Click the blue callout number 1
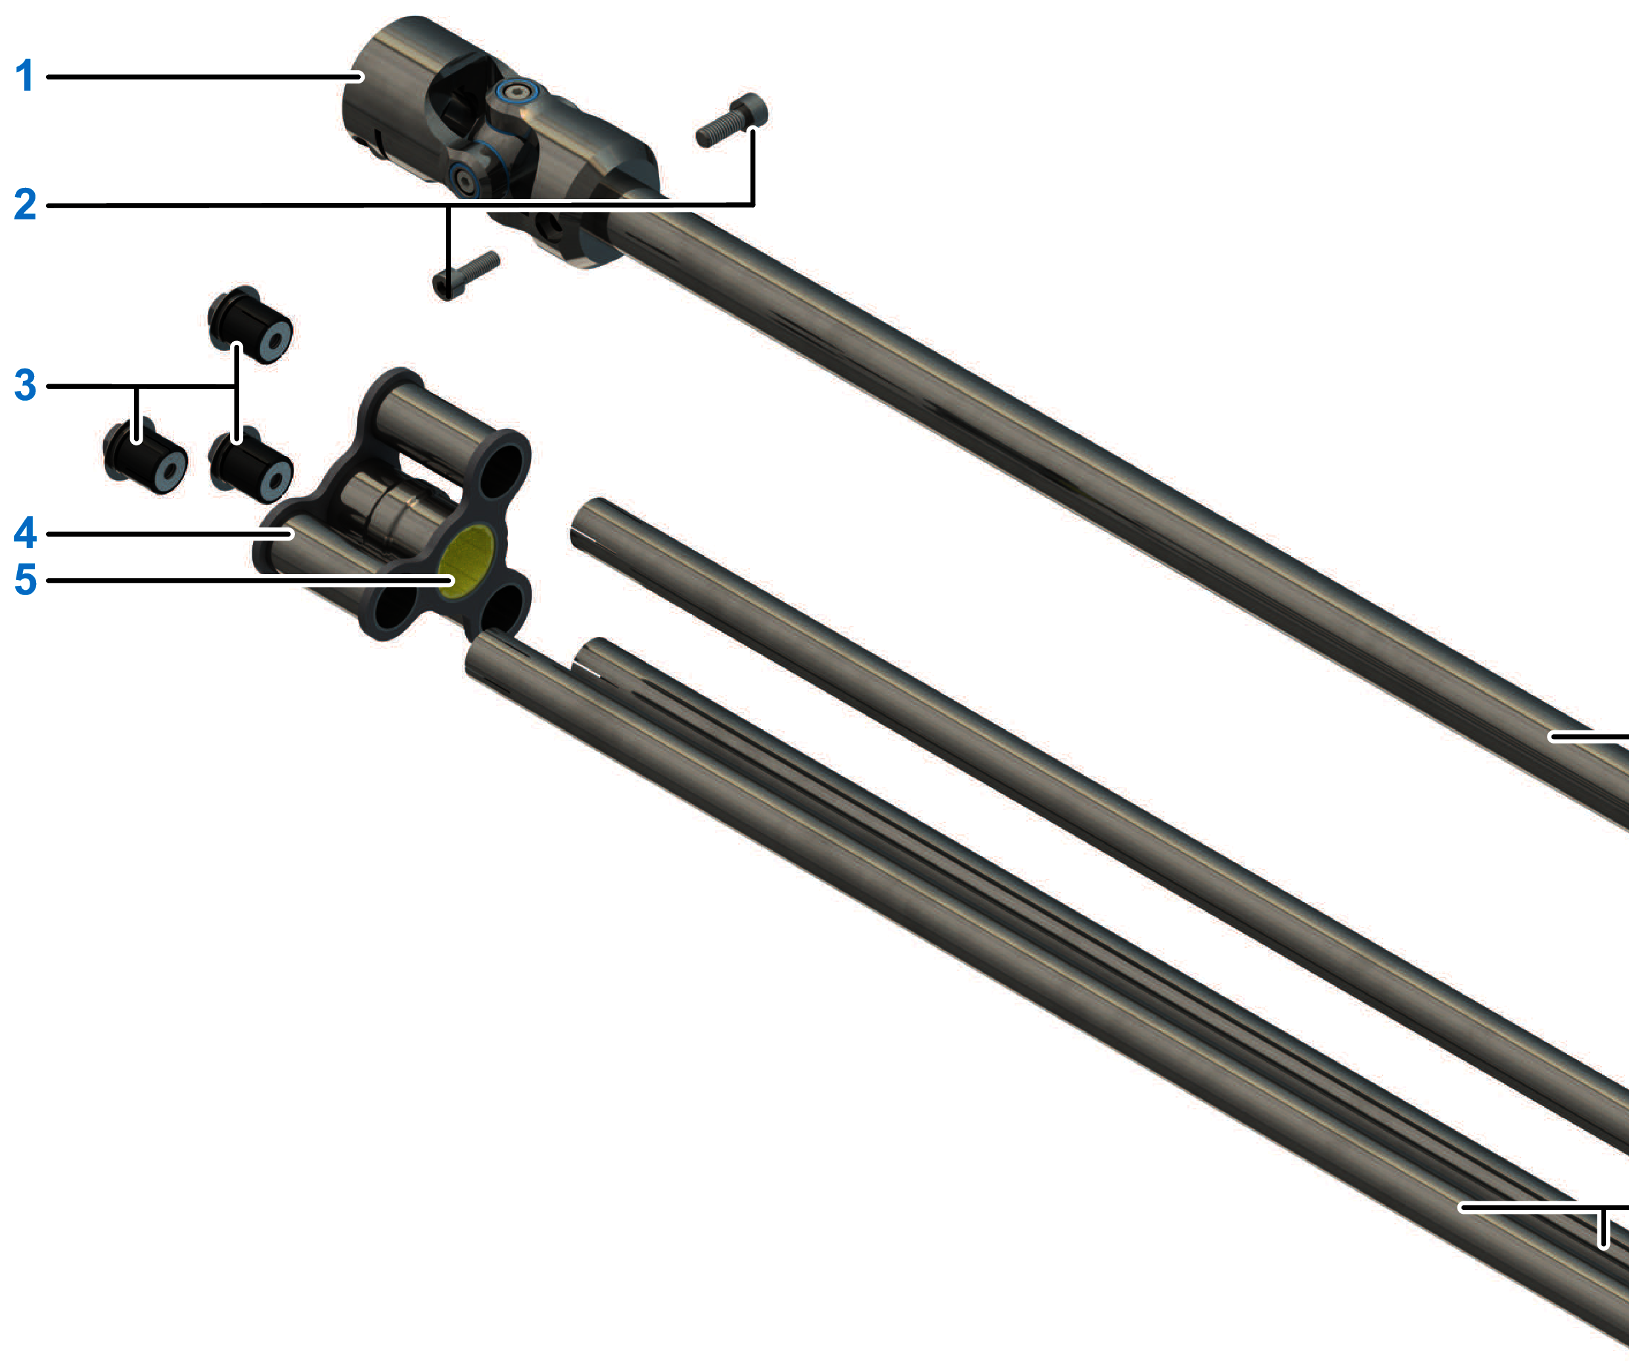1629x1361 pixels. (25, 76)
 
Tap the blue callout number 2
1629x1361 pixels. (25, 204)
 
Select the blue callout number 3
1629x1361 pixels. (25, 385)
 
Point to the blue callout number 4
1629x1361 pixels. (25, 532)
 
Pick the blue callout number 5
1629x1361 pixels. (25, 579)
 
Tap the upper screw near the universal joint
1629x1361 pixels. (731, 120)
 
